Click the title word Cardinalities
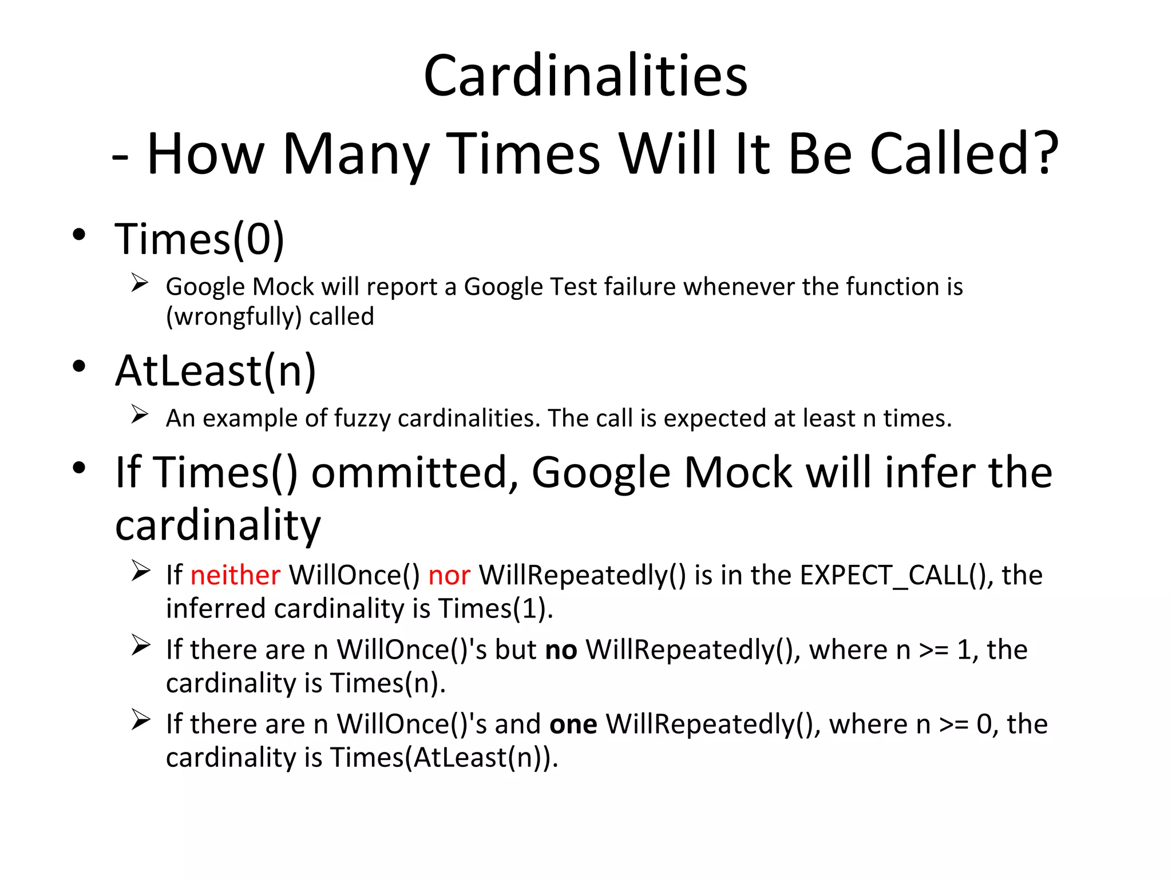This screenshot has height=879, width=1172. pyautogui.click(x=585, y=76)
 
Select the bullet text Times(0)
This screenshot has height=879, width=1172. pyautogui.click(x=199, y=239)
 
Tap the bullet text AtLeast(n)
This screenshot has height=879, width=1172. pyautogui.click(x=215, y=371)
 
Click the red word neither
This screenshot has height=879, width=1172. pyautogui.click(x=235, y=575)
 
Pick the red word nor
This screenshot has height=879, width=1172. pyautogui.click(x=449, y=575)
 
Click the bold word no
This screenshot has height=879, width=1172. pyautogui.click(x=561, y=650)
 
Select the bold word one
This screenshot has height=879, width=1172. pyautogui.click(x=573, y=724)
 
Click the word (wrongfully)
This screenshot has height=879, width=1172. pyautogui.click(x=233, y=316)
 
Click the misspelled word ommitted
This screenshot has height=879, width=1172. pyautogui.click(x=415, y=473)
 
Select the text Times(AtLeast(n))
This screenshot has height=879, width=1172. pyautogui.click(x=444, y=758)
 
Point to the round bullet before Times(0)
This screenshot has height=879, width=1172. pyautogui.click(x=79, y=234)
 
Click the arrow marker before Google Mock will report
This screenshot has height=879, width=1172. pyautogui.click(x=140, y=283)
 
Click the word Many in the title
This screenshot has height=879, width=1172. pyautogui.click(x=355, y=153)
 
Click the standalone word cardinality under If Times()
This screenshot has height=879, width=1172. pyautogui.click(x=217, y=525)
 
